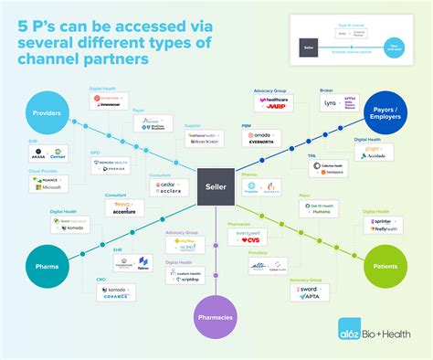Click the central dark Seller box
click(216, 187)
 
